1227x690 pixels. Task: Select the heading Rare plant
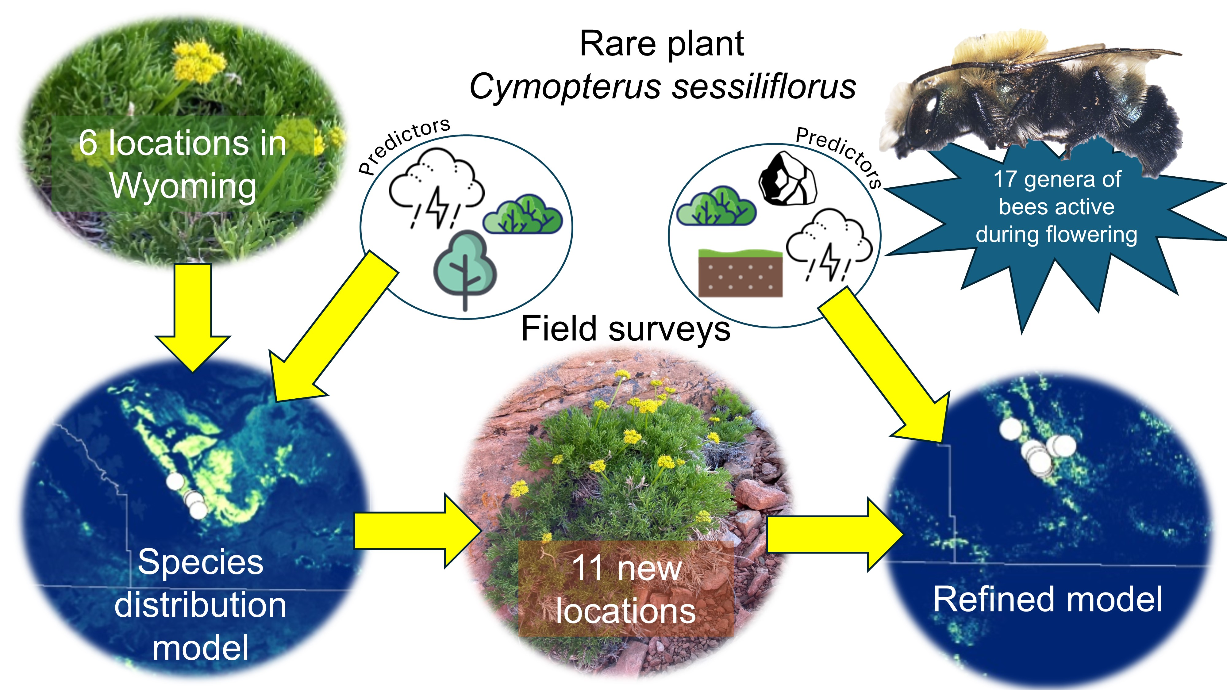(x=662, y=44)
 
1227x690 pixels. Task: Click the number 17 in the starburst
(x=1005, y=179)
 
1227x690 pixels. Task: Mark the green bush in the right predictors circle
(x=716, y=207)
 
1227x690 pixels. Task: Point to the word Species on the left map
(x=200, y=562)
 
